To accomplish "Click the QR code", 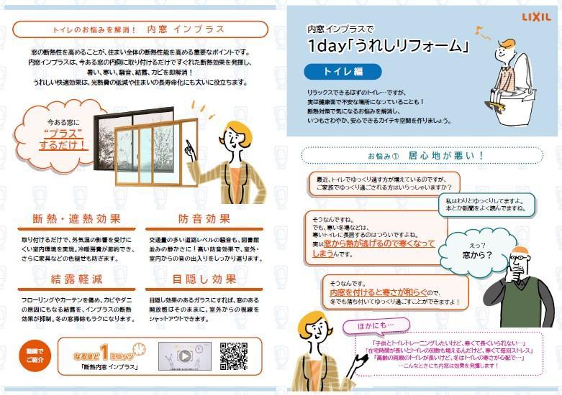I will (234, 355).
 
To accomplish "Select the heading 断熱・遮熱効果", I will (76, 219).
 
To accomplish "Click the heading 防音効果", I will (204, 219).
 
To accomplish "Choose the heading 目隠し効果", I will (204, 278).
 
